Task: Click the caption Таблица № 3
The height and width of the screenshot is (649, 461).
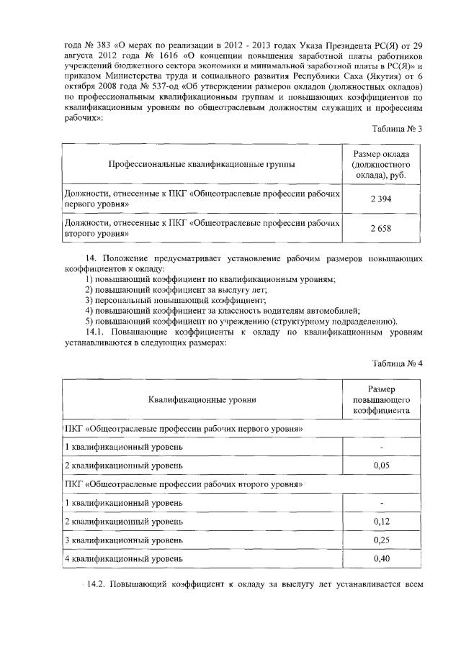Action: (x=397, y=128)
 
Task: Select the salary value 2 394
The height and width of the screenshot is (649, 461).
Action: (x=380, y=199)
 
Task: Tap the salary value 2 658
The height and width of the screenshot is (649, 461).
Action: (x=380, y=229)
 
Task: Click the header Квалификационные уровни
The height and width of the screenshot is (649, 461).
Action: (x=202, y=398)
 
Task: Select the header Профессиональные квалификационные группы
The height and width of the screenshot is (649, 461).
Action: (x=201, y=165)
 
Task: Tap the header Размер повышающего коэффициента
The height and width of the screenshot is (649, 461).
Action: (x=381, y=398)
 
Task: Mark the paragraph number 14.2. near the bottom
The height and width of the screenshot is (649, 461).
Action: (x=97, y=583)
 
